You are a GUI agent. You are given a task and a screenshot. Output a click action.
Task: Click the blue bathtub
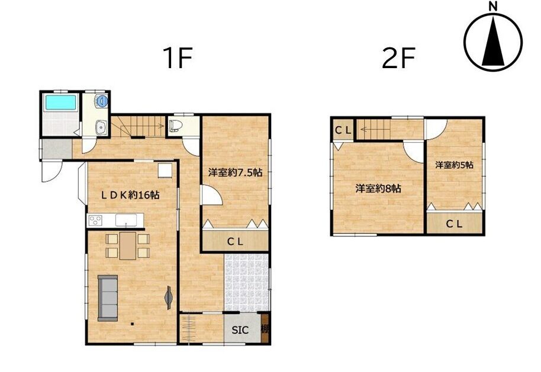tap(60, 102)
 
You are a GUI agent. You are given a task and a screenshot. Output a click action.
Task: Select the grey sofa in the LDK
tap(108, 298)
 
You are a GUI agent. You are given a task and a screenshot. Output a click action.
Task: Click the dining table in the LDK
tap(128, 246)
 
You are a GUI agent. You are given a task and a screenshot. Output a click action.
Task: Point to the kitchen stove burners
tap(95, 220)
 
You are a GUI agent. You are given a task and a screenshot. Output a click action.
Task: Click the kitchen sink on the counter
tap(125, 220)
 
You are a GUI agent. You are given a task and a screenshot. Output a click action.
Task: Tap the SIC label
tap(240, 330)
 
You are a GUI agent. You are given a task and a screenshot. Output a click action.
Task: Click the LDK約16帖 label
tap(130, 195)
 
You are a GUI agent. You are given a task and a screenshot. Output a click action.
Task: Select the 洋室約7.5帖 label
tap(235, 172)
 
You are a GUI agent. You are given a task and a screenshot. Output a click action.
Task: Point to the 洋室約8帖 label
tap(378, 188)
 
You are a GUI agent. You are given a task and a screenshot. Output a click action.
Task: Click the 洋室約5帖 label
tap(454, 165)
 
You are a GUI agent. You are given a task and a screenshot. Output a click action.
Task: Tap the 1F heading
tap(178, 58)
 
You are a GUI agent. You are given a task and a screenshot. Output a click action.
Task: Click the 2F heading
tap(398, 58)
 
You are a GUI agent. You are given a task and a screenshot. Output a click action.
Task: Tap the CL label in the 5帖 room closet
tap(454, 224)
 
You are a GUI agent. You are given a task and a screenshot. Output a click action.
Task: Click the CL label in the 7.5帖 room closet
tap(235, 242)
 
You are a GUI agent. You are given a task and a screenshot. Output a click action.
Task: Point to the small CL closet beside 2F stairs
tap(343, 130)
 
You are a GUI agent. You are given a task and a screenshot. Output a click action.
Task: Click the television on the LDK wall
tap(169, 297)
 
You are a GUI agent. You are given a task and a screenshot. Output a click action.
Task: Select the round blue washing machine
tap(102, 101)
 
